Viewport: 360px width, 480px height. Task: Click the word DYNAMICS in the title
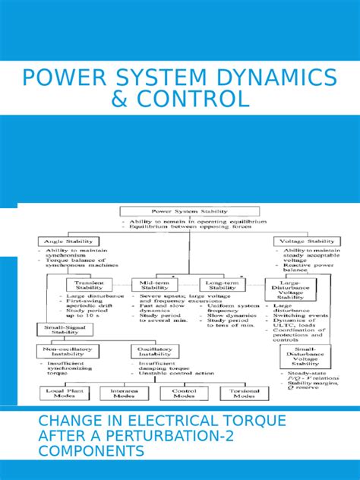pos(271,77)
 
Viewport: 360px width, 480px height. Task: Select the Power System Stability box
pos(180,212)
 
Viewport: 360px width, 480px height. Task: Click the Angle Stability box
pos(65,242)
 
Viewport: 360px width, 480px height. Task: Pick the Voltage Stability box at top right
pos(303,242)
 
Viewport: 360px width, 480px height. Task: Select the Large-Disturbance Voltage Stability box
pos(287,289)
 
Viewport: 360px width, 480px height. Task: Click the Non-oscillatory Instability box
pos(69,351)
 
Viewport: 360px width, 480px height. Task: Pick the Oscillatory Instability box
pos(156,351)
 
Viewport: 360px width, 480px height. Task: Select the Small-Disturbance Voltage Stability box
pos(306,358)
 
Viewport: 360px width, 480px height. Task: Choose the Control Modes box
pos(180,393)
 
